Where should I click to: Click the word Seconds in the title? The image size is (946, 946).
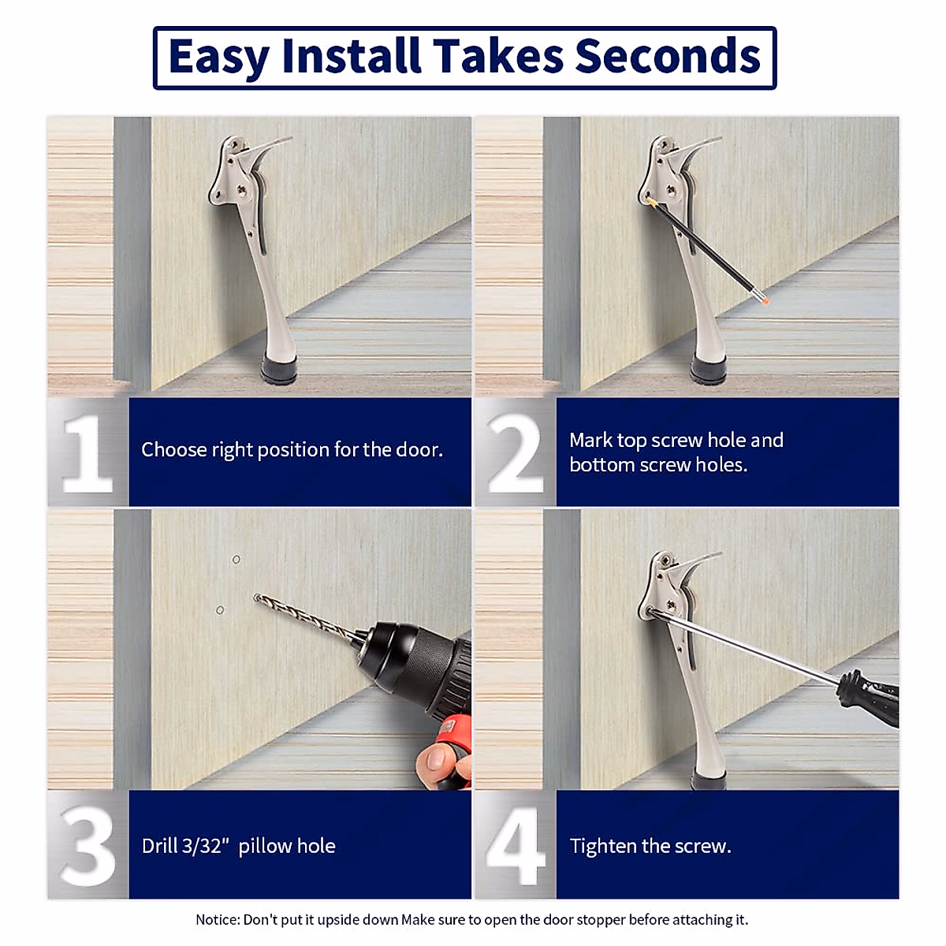point(668,57)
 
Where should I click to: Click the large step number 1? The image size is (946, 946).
point(88,454)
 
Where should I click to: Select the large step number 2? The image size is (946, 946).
point(515,453)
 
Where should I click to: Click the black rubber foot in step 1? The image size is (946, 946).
point(279,367)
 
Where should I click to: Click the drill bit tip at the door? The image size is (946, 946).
point(257,598)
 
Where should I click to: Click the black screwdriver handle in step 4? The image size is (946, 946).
point(869,699)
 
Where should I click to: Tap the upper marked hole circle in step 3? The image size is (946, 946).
point(236,560)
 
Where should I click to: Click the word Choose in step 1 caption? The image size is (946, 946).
point(173,449)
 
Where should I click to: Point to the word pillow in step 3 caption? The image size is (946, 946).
point(265,847)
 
